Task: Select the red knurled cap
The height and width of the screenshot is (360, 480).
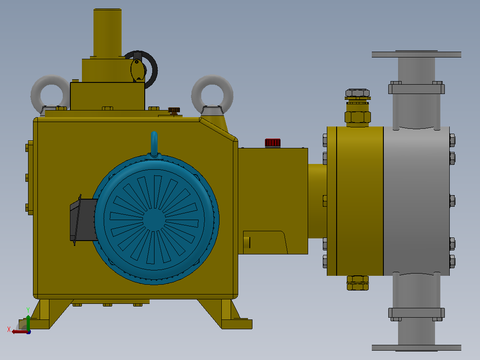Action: click(273, 143)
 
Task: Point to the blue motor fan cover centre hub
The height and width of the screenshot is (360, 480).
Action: click(154, 219)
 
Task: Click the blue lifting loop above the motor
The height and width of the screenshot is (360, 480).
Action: click(154, 143)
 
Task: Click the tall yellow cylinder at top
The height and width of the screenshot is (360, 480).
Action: click(107, 33)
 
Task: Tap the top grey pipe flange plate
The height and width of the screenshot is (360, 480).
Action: click(416, 54)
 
